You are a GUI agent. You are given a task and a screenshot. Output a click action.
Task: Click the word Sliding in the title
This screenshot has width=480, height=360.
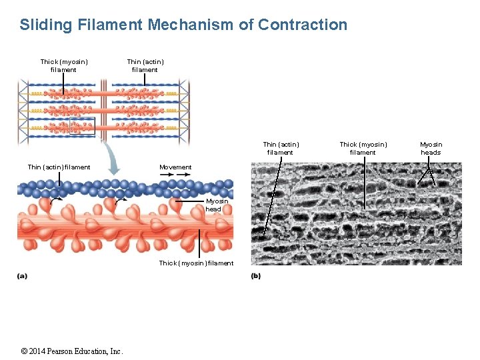coord(46,25)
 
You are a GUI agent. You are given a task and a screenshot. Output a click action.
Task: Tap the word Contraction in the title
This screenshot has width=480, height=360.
coord(303,25)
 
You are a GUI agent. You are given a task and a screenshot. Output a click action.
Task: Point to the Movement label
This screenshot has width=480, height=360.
coord(175,167)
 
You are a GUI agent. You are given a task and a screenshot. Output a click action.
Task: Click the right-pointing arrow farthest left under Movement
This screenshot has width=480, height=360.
coord(166,175)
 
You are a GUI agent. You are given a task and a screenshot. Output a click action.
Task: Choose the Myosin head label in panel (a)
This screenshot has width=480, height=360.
coord(216,205)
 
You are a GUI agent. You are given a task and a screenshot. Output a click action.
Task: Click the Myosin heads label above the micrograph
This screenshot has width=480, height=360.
coord(431,148)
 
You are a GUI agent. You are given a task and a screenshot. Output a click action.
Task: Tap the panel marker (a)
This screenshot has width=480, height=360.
coord(22,276)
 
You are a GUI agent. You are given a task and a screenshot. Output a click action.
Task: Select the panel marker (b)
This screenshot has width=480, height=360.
coord(256,276)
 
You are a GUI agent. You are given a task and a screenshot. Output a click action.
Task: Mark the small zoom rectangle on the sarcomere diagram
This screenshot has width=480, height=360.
coord(83,125)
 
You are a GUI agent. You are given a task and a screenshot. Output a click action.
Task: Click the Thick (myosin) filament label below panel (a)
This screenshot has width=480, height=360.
coord(196,263)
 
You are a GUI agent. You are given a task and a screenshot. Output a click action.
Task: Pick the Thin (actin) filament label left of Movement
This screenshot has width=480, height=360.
coord(59,167)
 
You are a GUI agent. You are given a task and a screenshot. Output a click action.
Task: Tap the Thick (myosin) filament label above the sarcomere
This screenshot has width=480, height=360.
coord(64,65)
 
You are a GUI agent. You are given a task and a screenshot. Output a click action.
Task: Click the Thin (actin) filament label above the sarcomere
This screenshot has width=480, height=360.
coord(145,65)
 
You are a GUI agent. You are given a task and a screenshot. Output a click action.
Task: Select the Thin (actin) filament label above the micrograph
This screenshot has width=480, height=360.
coord(281,148)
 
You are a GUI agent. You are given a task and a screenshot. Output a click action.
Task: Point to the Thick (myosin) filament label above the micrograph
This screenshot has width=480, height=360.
coord(363,148)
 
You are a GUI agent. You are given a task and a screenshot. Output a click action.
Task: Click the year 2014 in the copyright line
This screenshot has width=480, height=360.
coord(39,351)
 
